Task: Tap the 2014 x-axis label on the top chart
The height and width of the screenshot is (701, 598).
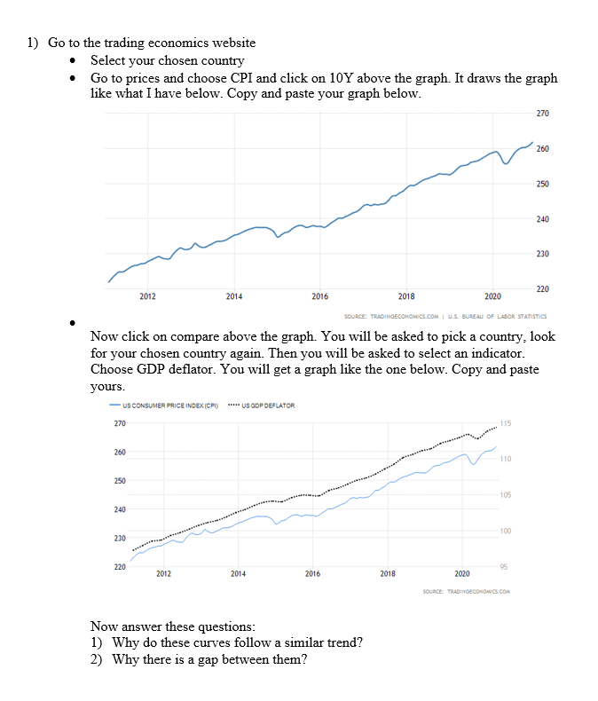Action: point(234,295)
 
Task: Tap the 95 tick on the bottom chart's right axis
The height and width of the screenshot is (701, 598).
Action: point(505,566)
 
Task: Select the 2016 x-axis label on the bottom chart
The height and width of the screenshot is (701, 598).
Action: point(312,574)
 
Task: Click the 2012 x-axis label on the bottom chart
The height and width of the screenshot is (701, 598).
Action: point(163,574)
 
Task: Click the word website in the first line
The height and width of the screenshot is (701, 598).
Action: point(231,43)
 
